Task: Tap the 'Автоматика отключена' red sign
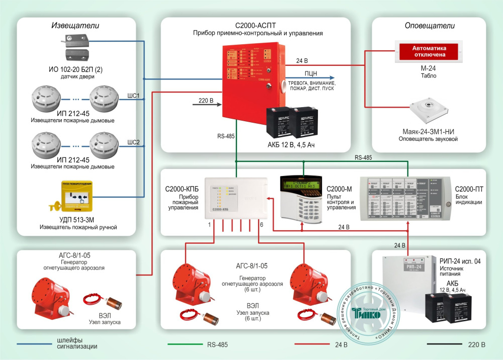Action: pos(429,51)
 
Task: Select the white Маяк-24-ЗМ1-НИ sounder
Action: pos(428,114)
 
